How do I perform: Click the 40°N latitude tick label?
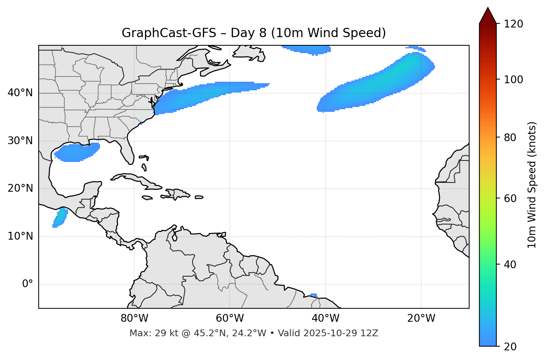click(x=20, y=93)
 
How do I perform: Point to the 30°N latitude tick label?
click(x=20, y=141)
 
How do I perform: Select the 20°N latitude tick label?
click(x=20, y=188)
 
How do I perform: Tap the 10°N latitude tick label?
click(x=20, y=236)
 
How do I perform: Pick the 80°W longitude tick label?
click(x=134, y=318)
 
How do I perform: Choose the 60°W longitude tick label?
click(x=230, y=318)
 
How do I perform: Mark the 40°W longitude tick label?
click(x=325, y=318)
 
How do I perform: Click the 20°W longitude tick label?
click(x=421, y=318)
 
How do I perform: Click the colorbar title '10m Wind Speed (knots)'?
click(x=532, y=185)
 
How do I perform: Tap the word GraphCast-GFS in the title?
click(x=169, y=33)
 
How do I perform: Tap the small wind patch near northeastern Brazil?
click(x=314, y=295)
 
